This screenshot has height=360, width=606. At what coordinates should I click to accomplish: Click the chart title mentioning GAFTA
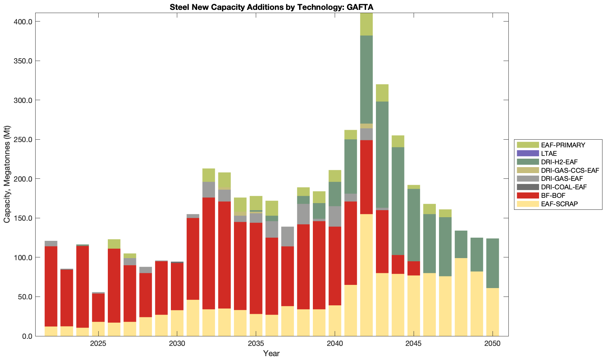[271, 7]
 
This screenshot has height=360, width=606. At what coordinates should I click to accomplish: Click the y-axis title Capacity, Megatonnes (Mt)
[7, 174]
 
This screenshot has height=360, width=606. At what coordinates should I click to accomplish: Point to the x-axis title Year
[271, 353]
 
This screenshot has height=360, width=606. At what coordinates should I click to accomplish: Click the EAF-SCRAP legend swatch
[528, 204]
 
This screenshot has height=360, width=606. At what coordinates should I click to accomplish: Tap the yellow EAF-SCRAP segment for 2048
[461, 297]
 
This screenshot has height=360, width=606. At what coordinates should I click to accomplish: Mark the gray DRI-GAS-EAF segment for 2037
[287, 236]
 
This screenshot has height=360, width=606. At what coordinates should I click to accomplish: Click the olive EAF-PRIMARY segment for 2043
[382, 93]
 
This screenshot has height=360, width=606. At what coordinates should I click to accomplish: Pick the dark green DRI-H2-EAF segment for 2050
[493, 263]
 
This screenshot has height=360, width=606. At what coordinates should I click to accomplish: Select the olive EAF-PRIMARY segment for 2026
[114, 244]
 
